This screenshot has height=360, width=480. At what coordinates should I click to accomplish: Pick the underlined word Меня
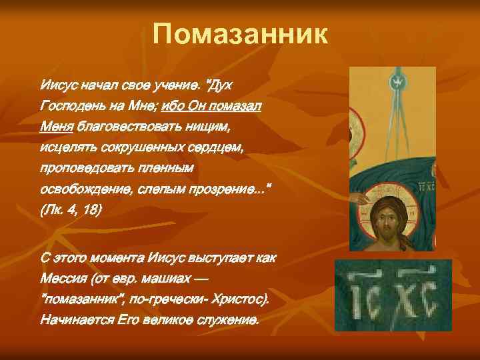(x=56, y=127)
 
